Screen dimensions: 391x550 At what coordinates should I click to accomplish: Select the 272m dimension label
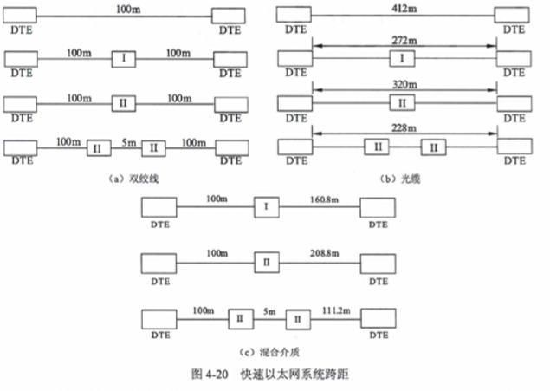404,40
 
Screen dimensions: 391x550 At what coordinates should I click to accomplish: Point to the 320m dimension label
404,85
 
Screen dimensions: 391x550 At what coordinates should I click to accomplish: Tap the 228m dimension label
404,129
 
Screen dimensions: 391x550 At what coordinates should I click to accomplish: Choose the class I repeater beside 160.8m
266,209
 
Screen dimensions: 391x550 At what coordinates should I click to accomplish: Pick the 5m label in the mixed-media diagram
269,310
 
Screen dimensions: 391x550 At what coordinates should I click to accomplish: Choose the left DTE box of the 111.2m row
159,320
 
